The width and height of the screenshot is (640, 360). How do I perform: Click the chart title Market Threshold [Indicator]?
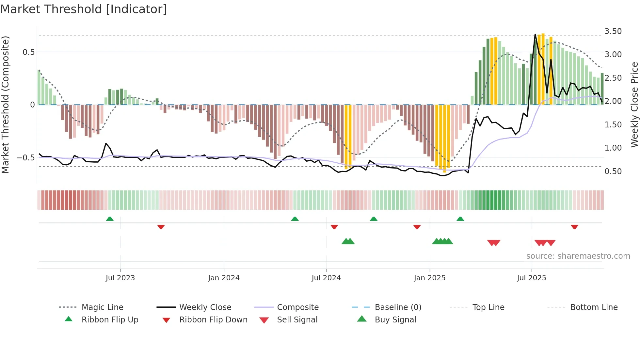pos(84,9)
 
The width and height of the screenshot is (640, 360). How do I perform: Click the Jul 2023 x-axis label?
pos(120,278)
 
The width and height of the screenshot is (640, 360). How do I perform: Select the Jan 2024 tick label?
pos(224,278)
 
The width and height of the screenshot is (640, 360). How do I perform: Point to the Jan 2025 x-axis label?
pos(429,278)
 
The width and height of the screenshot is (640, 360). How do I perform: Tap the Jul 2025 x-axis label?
pos(531,278)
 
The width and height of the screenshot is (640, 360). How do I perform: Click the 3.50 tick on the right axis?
pos(613,31)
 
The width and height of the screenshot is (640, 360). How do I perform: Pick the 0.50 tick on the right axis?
pos(613,172)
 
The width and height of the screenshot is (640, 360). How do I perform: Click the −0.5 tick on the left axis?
pos(25,158)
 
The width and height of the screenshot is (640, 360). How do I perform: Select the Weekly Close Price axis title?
pos(634,105)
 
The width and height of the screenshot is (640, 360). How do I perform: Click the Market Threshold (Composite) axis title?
pos(5,105)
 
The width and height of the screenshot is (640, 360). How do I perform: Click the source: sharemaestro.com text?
pos(578,256)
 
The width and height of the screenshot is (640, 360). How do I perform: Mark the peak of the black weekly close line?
pos(535,34)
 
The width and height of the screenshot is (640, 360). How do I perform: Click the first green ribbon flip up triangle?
pos(110,219)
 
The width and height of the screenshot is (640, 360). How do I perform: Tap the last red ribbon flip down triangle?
pos(574,227)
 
